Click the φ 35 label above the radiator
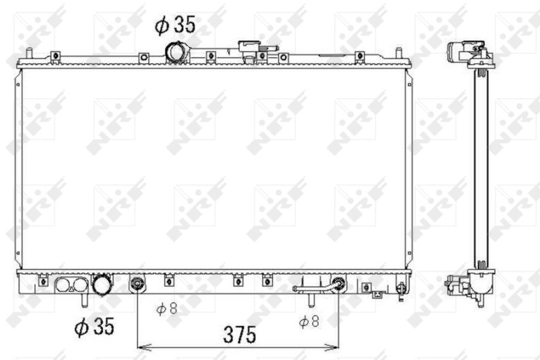tap(175, 24)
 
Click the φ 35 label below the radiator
tap(95, 326)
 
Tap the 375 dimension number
tap(240, 335)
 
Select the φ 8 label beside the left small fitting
tap(167, 309)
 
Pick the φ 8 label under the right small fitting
tap(309, 322)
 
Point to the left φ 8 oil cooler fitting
tap(138, 284)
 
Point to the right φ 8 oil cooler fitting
tap(339, 284)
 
